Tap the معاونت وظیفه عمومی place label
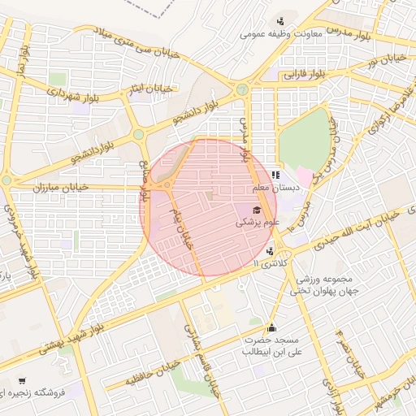tap(281, 35)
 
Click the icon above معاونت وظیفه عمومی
tap(281, 21)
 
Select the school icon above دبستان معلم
tap(275, 174)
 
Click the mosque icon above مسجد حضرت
tap(271, 327)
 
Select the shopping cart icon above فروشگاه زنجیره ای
tap(21, 380)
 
